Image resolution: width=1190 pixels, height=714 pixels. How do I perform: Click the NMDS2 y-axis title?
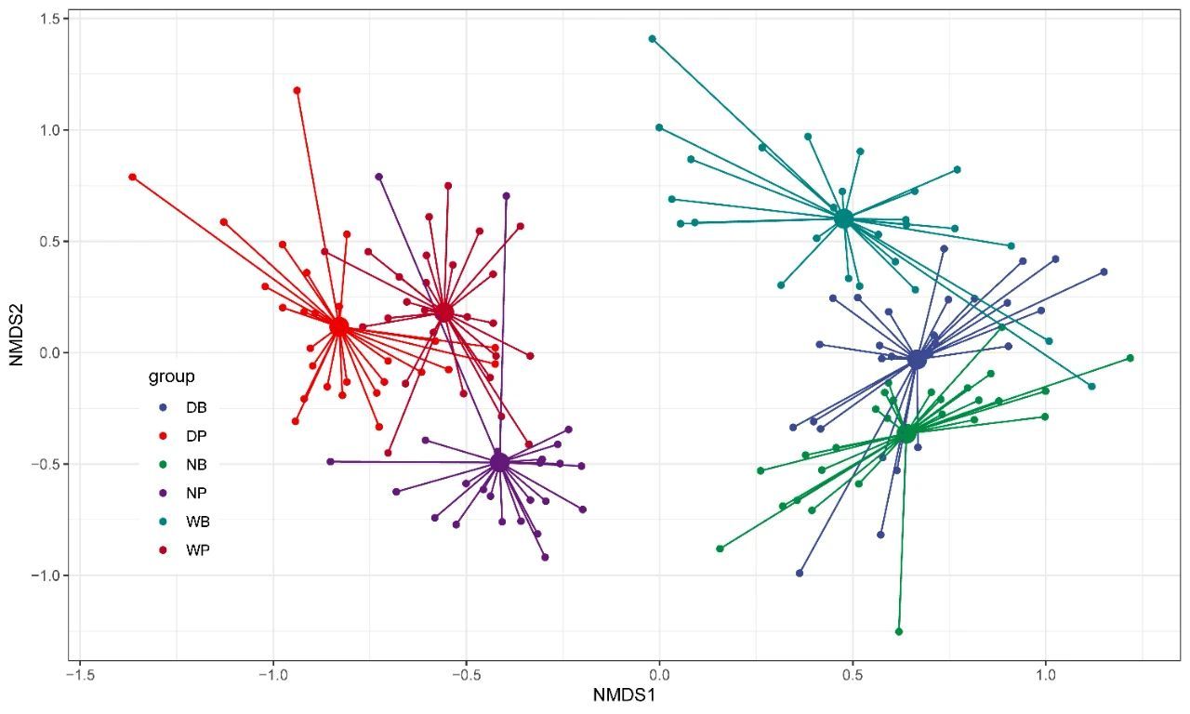pyautogui.click(x=18, y=334)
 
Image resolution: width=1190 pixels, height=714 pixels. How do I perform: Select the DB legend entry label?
pyautogui.click(x=196, y=407)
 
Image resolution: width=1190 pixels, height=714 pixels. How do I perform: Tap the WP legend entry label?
pyautogui.click(x=197, y=550)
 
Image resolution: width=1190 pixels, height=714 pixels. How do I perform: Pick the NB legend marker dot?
pyautogui.click(x=164, y=465)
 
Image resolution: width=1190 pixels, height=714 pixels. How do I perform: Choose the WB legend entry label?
pyautogui.click(x=197, y=522)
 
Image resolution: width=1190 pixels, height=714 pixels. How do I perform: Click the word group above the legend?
pyautogui.click(x=171, y=377)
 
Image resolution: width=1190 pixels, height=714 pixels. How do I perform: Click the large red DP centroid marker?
pyautogui.click(x=339, y=326)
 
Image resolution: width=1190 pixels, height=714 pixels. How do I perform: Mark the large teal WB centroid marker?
pyautogui.click(x=843, y=218)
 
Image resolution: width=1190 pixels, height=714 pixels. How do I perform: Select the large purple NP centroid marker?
pyautogui.click(x=499, y=461)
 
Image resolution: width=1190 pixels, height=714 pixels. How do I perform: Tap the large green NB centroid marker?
pyautogui.click(x=906, y=432)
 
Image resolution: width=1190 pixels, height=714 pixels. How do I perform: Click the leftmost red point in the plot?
pyautogui.click(x=132, y=177)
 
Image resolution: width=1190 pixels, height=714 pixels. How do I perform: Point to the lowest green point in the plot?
pyautogui.click(x=899, y=631)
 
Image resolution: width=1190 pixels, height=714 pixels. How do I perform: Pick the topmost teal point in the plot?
pyautogui.click(x=653, y=39)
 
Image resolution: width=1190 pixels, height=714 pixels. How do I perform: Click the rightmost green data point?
pyautogui.click(x=1130, y=358)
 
